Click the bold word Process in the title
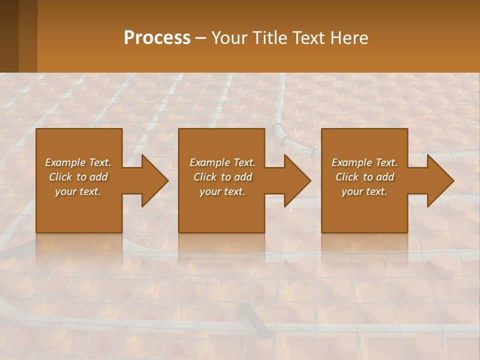[157, 38]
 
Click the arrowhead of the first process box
[155, 180]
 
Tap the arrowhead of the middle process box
[297, 180]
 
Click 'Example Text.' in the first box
[78, 162]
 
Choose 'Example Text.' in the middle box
[222, 162]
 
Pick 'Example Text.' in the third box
[364, 162]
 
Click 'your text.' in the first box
[78, 191]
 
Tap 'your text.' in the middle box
[222, 191]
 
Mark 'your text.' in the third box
[364, 191]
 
